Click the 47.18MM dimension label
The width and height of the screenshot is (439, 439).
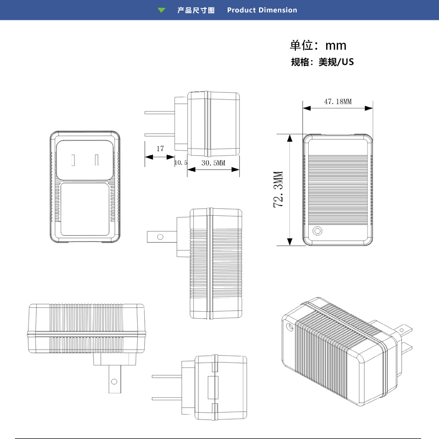click(338, 101)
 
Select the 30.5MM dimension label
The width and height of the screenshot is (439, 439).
click(213, 163)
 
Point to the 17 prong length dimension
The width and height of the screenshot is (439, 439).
click(160, 149)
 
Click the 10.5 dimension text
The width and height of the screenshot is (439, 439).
click(180, 163)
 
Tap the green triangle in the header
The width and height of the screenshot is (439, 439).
click(162, 10)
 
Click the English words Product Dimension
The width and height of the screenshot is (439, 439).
click(262, 10)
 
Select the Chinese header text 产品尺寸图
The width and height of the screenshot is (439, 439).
click(196, 10)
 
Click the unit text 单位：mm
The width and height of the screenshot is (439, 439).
click(318, 45)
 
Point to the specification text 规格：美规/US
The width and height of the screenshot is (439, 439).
click(322, 62)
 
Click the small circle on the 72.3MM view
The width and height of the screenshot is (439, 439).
click(317, 231)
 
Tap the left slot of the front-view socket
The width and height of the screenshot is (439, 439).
click(73, 161)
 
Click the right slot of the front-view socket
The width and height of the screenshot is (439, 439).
click(97, 160)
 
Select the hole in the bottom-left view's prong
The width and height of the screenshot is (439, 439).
click(114, 382)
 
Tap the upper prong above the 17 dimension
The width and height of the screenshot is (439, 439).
click(160, 113)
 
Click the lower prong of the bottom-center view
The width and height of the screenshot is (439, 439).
click(167, 398)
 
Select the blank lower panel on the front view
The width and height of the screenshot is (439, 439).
click(85, 209)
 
